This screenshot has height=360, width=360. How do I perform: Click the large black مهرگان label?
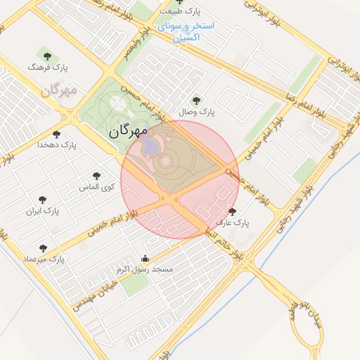pos(129,131)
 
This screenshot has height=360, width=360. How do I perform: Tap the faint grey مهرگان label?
pos(58,91)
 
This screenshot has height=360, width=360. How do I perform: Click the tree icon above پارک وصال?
pos(196,101)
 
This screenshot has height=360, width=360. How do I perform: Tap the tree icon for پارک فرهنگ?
pos(47,56)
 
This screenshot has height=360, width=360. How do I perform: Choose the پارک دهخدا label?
pos(57,146)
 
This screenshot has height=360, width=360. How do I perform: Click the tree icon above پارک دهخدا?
pos(57,134)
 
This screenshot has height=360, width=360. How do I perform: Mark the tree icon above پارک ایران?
pos(43,200)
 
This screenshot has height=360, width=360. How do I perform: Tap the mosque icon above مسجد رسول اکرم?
pos(145,258)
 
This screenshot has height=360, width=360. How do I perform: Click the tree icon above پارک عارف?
pos(232,212)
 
